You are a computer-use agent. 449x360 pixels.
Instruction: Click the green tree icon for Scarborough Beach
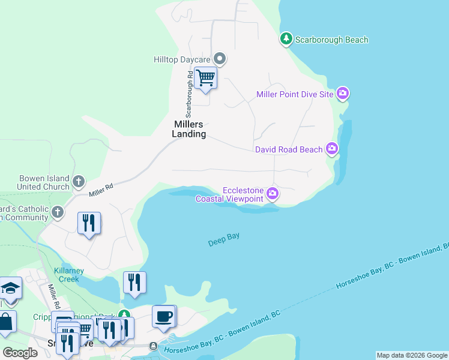tap(286, 40)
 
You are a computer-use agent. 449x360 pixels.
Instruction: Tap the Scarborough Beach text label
tap(331, 40)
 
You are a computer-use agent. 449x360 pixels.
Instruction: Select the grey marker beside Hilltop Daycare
tap(220, 59)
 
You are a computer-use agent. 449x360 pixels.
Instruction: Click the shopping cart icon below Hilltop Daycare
tap(205, 78)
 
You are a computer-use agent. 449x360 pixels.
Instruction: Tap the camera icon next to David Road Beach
tap(332, 148)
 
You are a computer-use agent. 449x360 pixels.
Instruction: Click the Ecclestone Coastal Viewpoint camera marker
tap(273, 193)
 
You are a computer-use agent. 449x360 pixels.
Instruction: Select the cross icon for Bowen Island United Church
tap(79, 181)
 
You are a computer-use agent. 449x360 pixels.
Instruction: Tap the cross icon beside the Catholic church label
tap(58, 212)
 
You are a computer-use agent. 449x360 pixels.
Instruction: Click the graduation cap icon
tap(10, 289)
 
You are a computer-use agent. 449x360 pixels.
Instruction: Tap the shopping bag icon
tap(5, 322)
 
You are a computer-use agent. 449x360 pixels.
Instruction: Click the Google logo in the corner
tap(20, 353)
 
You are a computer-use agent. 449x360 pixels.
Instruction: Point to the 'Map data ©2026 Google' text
tap(412, 355)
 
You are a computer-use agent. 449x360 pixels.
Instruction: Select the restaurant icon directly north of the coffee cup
tap(134, 282)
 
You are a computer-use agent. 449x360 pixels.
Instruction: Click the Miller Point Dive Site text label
tap(294, 94)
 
